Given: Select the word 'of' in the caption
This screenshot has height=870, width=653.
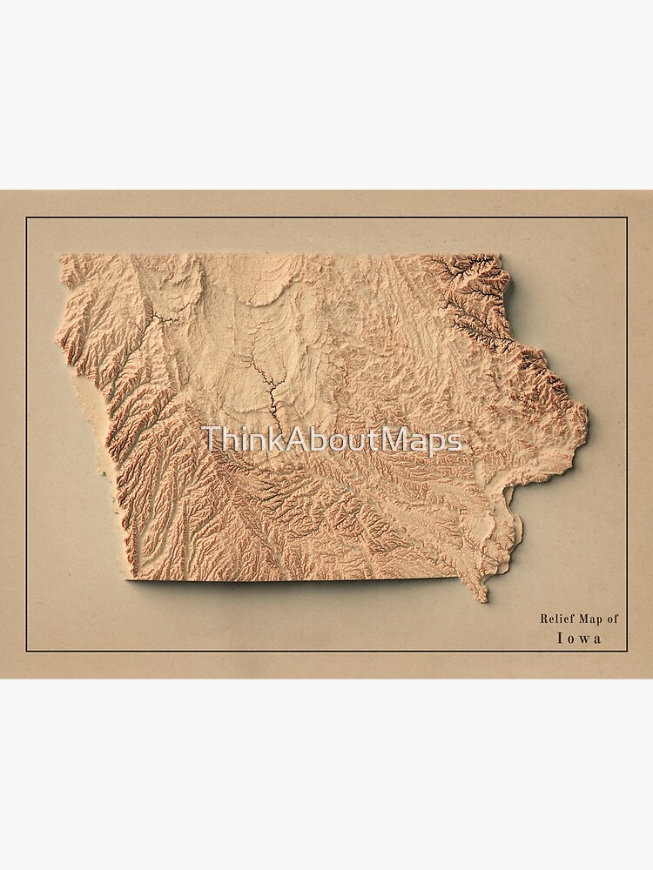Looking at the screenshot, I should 613,619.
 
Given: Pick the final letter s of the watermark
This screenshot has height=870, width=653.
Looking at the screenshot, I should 454,442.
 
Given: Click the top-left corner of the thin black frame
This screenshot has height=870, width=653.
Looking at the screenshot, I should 26,217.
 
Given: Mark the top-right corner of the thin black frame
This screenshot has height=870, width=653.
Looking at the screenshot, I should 627,217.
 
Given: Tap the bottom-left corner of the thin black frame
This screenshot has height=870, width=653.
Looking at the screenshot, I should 26,652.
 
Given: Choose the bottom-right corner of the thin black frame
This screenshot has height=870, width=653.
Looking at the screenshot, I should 627,652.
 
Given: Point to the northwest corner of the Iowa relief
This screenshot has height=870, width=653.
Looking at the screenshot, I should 59,256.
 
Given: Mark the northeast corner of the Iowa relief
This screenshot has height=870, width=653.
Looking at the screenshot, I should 500,256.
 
